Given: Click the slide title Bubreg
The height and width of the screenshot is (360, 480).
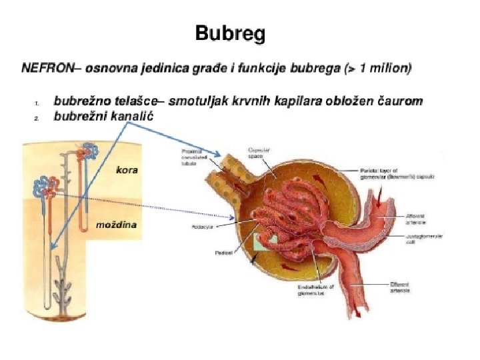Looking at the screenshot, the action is (230, 34).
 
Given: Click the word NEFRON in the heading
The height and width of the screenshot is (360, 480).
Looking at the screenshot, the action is (46, 67).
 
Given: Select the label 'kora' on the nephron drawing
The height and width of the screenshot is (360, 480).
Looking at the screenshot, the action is (126, 169).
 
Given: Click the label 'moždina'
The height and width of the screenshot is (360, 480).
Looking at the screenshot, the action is (117, 225).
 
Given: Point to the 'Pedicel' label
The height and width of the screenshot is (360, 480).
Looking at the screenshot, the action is (204, 253).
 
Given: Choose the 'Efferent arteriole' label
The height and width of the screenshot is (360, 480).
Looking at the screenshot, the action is (401, 287).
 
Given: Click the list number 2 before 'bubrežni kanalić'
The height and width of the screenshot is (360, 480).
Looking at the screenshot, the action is (37, 118).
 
